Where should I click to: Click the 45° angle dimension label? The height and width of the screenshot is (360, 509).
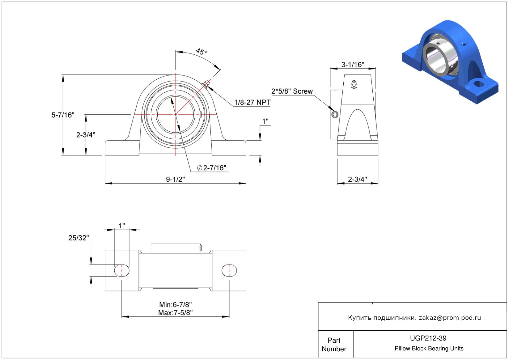pos(201,52)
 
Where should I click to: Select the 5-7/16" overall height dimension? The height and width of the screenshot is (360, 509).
pos(63,115)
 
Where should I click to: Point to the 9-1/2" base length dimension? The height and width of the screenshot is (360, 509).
pos(175,179)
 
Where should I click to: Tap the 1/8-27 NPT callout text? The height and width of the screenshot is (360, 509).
pos(252,102)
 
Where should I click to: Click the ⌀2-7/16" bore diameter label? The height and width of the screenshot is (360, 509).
pos(212,168)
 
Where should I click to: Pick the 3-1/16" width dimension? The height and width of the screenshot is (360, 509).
pos(353,65)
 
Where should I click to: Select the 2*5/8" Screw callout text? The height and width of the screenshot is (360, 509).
pos(292,91)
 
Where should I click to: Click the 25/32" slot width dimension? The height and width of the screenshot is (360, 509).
pos(78,238)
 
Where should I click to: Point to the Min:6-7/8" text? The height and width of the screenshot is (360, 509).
pos(176,305)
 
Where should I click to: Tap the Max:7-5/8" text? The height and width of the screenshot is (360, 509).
pos(176,313)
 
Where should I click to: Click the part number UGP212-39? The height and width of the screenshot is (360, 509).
pos(428,338)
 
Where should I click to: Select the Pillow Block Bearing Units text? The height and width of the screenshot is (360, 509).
pos(429,349)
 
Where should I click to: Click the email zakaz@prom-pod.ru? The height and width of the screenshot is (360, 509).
pos(450,318)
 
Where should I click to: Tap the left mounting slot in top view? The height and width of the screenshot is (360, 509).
pos(122,271)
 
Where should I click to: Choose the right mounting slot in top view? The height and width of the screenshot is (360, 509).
pos(229,271)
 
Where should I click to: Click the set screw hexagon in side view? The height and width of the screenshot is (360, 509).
pos(335,115)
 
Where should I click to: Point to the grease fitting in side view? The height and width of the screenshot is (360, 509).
pos(354,84)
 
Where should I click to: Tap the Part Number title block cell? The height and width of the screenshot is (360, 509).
pos(334,345)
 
